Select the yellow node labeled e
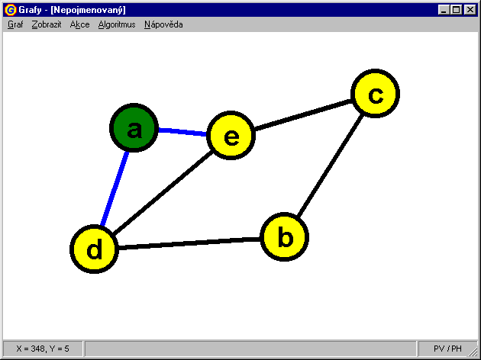[x=231, y=136]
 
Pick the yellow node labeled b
[x=285, y=237]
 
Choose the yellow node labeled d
[x=94, y=249]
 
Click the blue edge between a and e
[x=182, y=132]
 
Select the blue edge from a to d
[x=114, y=189]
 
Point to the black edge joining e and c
[x=303, y=115]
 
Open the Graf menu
[x=15, y=24]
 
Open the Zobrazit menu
[x=47, y=24]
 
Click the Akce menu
[x=79, y=24]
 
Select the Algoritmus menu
[x=117, y=24]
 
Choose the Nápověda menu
[x=163, y=24]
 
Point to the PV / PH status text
[x=447, y=349]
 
